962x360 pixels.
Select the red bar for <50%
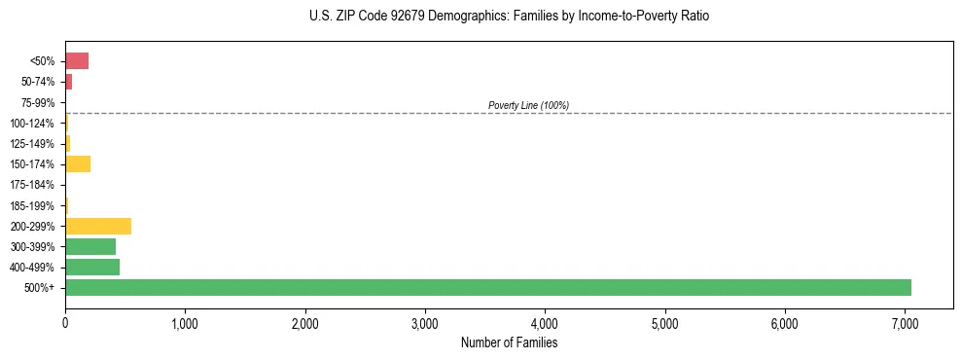click(x=77, y=61)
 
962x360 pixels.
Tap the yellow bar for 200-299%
click(x=98, y=226)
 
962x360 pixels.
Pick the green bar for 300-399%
click(x=90, y=246)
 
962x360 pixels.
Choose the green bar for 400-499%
click(x=92, y=267)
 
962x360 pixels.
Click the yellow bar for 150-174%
click(x=78, y=164)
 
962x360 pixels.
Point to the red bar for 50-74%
click(x=69, y=82)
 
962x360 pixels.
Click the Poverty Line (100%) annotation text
click(x=528, y=105)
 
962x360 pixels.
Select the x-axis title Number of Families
click(x=509, y=342)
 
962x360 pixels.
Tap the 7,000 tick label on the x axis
click(x=905, y=323)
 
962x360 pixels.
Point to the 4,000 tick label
click(x=545, y=323)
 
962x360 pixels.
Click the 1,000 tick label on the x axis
click(x=185, y=323)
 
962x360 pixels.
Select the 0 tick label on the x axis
click(x=65, y=323)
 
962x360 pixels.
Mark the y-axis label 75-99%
click(x=38, y=103)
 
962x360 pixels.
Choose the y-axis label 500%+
click(x=39, y=288)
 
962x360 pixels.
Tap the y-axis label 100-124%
click(x=34, y=124)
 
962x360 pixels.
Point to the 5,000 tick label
click(x=665, y=323)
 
